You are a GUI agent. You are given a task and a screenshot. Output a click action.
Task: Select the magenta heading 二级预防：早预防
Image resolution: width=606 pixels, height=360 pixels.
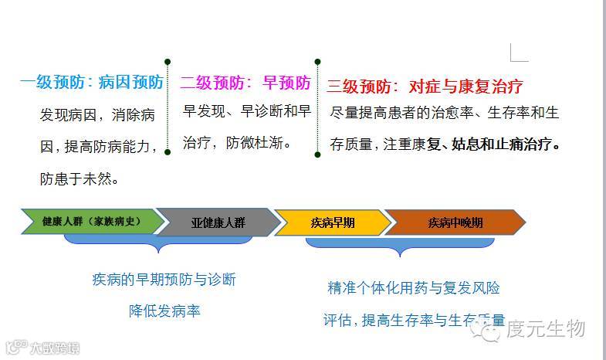(x=245, y=83)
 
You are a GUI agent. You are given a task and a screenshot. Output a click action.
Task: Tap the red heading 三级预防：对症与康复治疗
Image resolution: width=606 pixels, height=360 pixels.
(x=425, y=86)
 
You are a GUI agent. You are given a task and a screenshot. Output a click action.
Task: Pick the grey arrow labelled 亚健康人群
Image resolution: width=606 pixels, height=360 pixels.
(x=218, y=222)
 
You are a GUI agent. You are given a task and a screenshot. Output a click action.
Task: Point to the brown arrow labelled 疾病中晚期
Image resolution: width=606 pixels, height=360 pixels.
(x=455, y=222)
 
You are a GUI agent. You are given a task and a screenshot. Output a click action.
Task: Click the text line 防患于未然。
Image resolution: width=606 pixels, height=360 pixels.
(x=80, y=179)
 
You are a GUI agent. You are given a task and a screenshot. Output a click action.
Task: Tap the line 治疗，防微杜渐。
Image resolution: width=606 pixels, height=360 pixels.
(x=237, y=143)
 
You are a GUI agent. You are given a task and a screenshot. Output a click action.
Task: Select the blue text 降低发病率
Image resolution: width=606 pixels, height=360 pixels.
(x=164, y=311)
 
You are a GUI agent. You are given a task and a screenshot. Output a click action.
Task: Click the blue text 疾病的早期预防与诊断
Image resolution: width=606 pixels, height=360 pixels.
(x=164, y=280)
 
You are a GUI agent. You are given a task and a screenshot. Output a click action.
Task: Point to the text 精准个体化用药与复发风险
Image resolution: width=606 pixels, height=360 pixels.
(x=414, y=288)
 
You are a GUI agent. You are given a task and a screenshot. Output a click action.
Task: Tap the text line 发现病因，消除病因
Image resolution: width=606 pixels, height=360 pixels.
(x=97, y=115)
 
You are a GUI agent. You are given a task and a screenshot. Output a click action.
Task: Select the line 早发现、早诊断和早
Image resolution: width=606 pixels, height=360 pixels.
(x=246, y=111)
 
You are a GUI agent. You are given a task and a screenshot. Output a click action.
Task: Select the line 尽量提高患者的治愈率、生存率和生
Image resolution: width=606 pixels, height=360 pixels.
(x=444, y=113)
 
